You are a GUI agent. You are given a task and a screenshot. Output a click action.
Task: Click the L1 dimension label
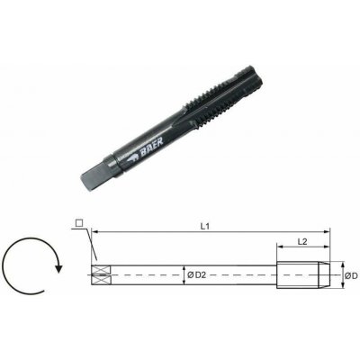coord(205,227)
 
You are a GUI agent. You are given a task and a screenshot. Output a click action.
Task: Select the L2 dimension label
coord(302,241)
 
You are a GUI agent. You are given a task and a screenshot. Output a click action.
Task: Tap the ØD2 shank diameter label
coord(197,274)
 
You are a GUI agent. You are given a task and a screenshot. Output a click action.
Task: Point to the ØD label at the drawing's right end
coord(351,275)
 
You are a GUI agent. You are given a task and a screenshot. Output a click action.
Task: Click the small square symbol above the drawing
coord(79,223)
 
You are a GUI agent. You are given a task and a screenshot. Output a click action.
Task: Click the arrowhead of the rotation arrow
coord(59,267)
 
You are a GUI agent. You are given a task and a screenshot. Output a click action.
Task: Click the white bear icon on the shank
coord(131,157)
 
